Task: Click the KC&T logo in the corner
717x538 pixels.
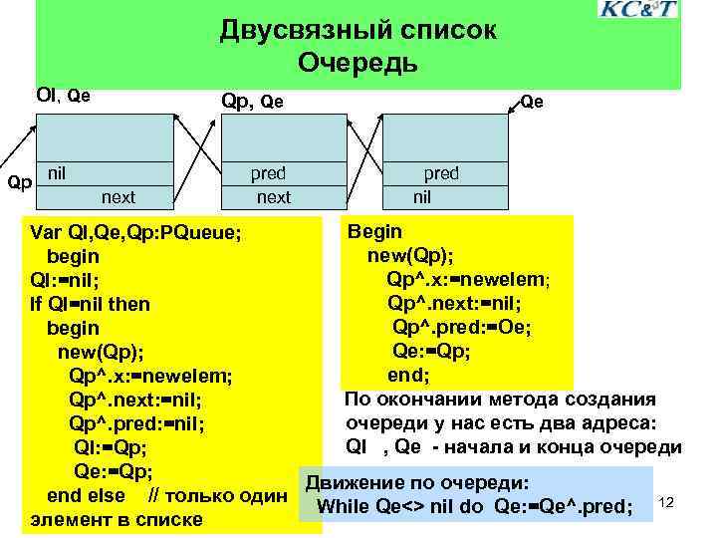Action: pyautogui.click(x=637, y=10)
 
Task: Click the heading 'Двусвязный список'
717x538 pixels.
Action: pyautogui.click(x=358, y=31)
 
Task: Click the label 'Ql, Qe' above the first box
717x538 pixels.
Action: pyautogui.click(x=63, y=96)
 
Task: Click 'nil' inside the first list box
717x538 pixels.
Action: pyautogui.click(x=58, y=173)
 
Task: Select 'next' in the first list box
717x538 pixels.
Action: pyautogui.click(x=119, y=196)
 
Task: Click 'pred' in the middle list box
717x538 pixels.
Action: pyautogui.click(x=268, y=173)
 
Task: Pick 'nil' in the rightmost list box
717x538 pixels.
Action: pyautogui.click(x=423, y=196)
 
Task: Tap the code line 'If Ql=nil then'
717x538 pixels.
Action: pyautogui.click(x=91, y=304)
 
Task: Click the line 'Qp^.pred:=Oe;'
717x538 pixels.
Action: pyautogui.click(x=461, y=327)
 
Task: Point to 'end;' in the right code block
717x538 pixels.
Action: pyautogui.click(x=408, y=375)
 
